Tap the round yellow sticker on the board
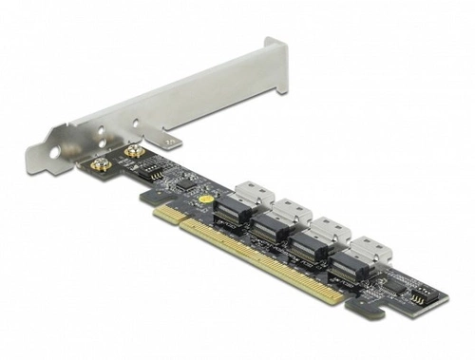point(204,200)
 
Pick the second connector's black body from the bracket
point(270,228)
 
